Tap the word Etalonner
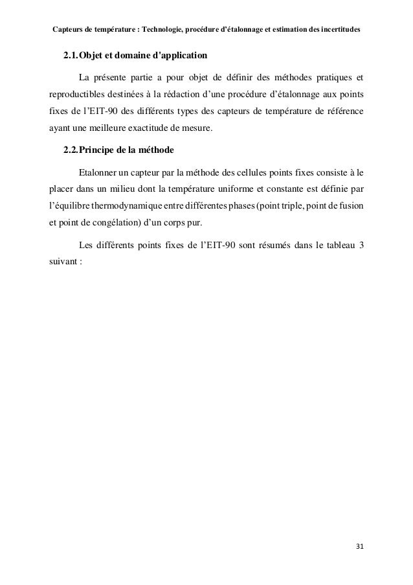[97, 174]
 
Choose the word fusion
[350, 209]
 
